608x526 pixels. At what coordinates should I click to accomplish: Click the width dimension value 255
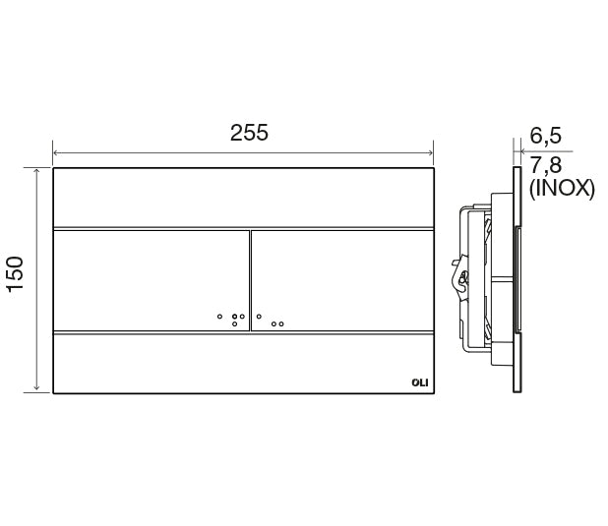coord(249,133)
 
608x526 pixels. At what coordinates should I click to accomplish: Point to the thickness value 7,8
coord(546,163)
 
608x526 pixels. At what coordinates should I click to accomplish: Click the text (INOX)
coord(562,189)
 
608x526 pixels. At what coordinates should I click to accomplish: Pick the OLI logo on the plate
coord(418,383)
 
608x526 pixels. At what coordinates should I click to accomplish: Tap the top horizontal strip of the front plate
coord(242,198)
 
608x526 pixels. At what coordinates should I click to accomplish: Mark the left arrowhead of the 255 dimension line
coord(56,152)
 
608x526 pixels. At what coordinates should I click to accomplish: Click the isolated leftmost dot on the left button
coord(219,317)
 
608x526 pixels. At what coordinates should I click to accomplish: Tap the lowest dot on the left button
coord(234,323)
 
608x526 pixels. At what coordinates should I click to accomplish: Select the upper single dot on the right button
coord(259,317)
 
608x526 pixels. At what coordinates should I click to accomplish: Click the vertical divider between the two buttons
coord(250,280)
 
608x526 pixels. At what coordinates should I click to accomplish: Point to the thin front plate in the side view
coord(516,279)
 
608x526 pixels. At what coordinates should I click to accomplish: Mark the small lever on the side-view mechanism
coord(457,274)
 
